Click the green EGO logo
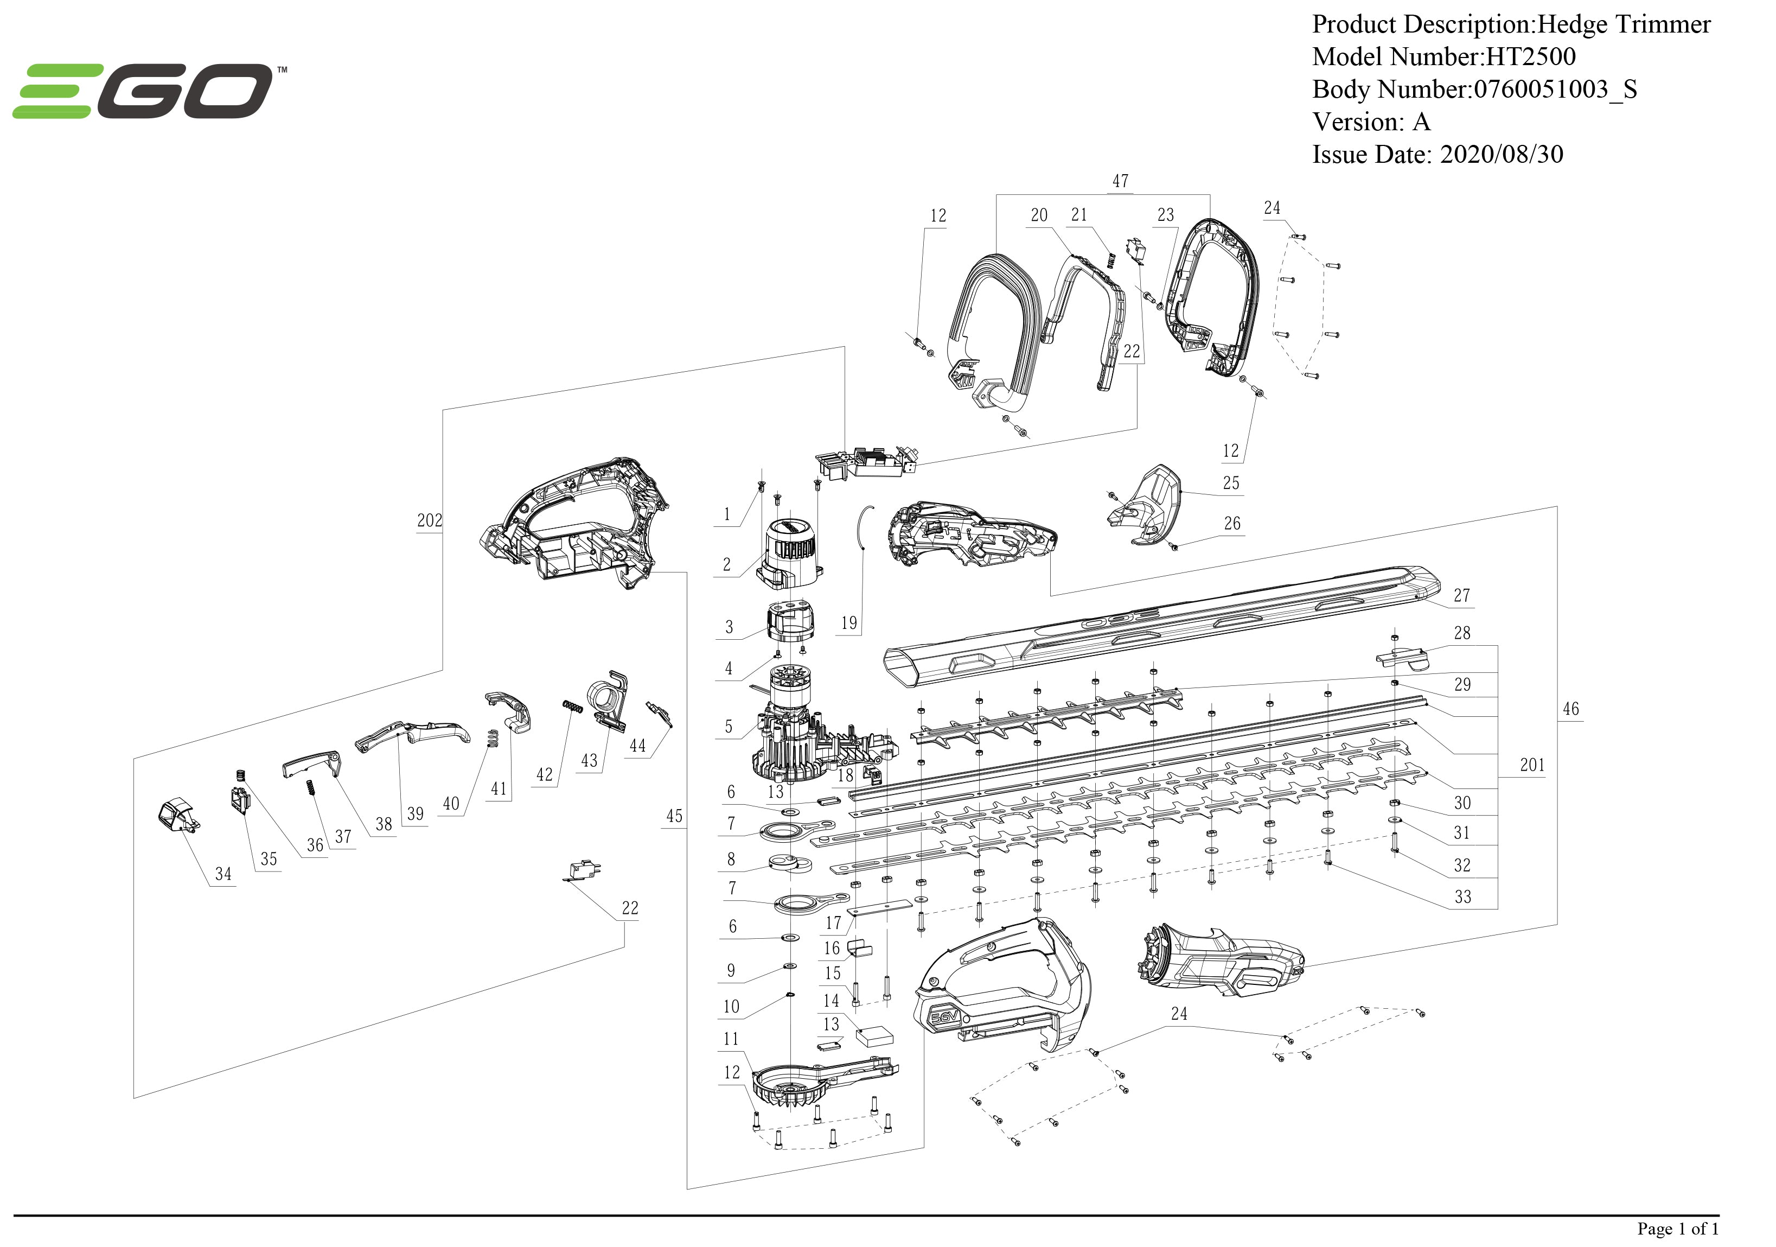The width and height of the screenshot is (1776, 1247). coord(143,91)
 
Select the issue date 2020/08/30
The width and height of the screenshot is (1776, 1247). coord(1500,154)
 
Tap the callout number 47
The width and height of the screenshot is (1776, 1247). coord(1120,181)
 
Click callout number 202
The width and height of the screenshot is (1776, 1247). coord(429,520)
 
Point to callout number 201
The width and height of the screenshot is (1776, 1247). coord(1531,765)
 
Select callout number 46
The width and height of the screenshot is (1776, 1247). coord(1570,709)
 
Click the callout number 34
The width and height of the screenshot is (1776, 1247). coord(223,873)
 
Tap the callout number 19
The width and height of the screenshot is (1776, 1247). coord(848,623)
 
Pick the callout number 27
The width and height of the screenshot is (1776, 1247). coord(1461,595)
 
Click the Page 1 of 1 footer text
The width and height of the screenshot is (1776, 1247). coord(1677,1229)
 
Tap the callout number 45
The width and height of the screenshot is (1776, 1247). coord(674,816)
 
